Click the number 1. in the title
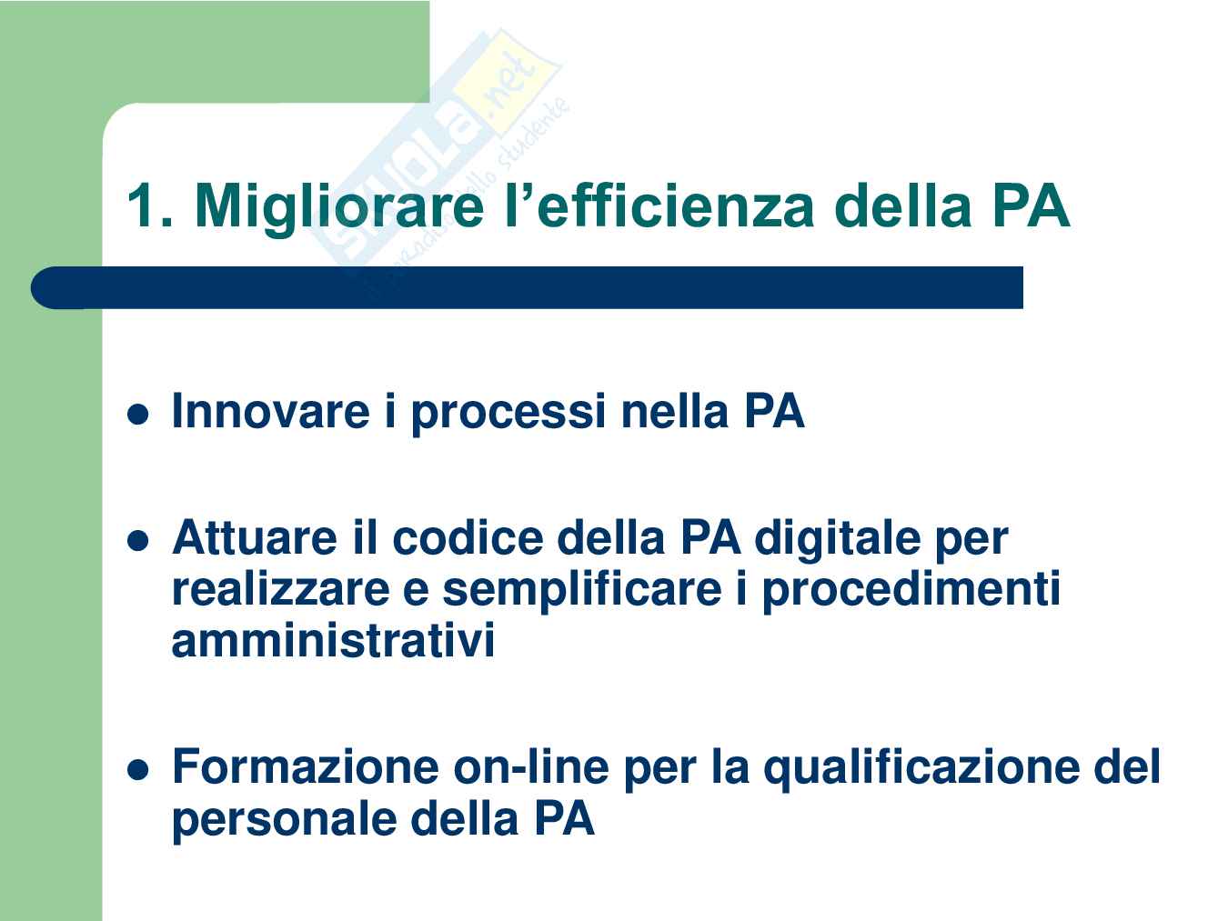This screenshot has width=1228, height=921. click(150, 205)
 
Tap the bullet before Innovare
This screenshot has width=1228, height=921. click(138, 415)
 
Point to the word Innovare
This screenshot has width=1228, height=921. click(271, 412)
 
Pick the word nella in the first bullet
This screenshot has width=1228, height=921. click(675, 412)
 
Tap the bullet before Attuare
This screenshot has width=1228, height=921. click(138, 541)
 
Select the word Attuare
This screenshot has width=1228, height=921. click(255, 537)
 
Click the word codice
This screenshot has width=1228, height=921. click(468, 537)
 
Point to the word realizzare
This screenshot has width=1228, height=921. click(281, 589)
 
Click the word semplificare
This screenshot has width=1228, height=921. click(582, 592)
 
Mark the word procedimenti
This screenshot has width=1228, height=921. click(911, 592)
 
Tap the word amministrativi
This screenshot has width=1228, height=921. click(334, 640)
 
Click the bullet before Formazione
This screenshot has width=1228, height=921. click(138, 770)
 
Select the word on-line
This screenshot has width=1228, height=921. click(531, 766)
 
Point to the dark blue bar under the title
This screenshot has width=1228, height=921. click(527, 287)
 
